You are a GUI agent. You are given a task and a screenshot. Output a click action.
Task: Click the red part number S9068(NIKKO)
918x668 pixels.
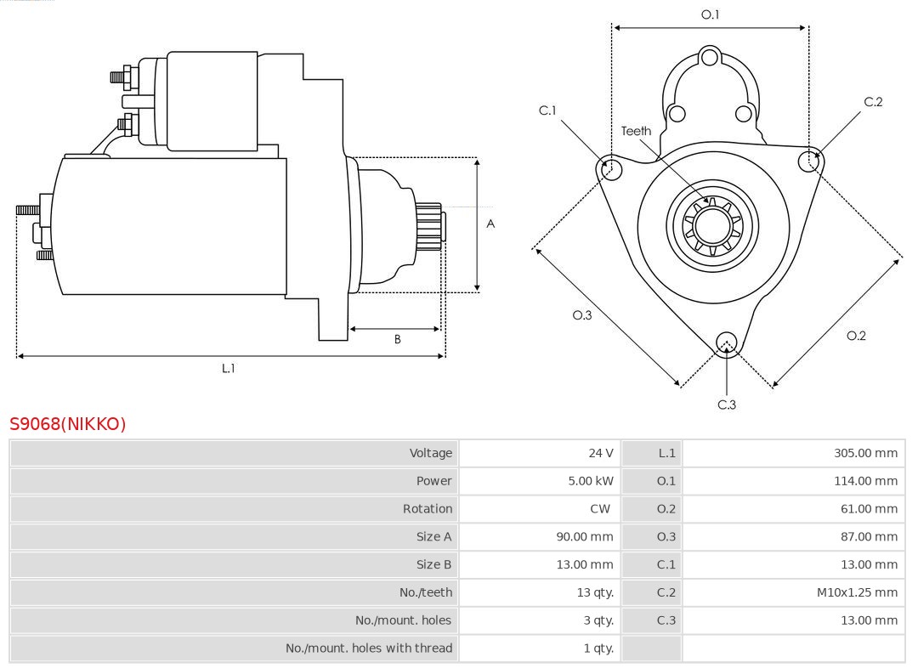pos(67,423)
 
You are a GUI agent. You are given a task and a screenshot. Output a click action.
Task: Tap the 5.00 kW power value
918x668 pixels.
pos(590,481)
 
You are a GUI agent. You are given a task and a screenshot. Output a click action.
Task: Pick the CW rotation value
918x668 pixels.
pos(599,508)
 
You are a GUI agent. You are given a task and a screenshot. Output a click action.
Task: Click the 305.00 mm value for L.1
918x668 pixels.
pos(865,453)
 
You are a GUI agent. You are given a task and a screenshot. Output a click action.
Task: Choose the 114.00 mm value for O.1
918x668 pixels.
pos(865,481)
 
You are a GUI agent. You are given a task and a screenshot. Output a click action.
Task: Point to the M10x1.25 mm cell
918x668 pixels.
pos(857,592)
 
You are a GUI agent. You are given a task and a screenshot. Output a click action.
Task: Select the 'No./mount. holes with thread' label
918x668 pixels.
pos(368,648)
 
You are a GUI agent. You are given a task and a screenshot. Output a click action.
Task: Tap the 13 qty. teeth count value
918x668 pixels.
pos(594,592)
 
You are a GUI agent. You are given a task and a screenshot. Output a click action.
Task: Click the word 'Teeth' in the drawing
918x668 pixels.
pos(636,131)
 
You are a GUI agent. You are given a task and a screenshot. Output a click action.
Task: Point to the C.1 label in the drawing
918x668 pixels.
pos(547,110)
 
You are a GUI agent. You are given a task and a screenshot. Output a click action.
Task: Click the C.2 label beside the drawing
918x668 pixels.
pos(873,102)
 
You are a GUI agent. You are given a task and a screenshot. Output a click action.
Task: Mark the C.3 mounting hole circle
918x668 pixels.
pos(726,342)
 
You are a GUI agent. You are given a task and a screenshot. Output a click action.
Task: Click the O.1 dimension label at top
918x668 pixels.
pos(710,14)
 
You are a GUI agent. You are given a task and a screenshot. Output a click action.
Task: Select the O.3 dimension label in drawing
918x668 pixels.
pos(581,315)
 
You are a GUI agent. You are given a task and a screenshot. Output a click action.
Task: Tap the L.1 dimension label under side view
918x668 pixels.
pos(228,368)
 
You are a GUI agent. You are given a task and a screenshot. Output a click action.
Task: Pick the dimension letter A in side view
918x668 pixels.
pos(490,224)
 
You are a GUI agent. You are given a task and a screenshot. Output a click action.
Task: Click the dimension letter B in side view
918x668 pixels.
pos(397,339)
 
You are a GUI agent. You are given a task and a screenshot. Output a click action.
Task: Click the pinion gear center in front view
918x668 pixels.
pos(712,225)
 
